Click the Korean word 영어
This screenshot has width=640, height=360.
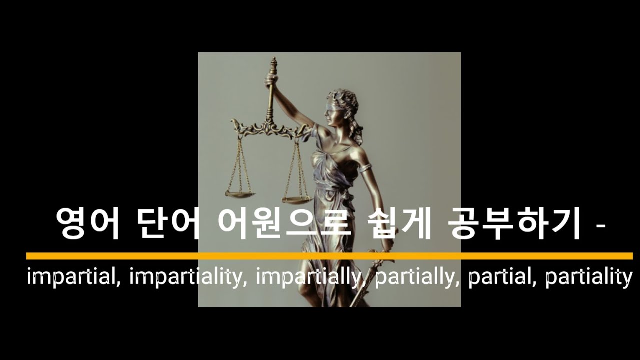pyautogui.click(x=88, y=224)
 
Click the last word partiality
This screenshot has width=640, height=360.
pyautogui.click(x=588, y=277)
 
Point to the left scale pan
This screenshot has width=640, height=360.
pyautogui.click(x=239, y=193)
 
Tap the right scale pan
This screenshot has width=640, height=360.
pyautogui.click(x=297, y=200)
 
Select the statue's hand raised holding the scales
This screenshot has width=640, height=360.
pyautogui.click(x=271, y=80)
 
